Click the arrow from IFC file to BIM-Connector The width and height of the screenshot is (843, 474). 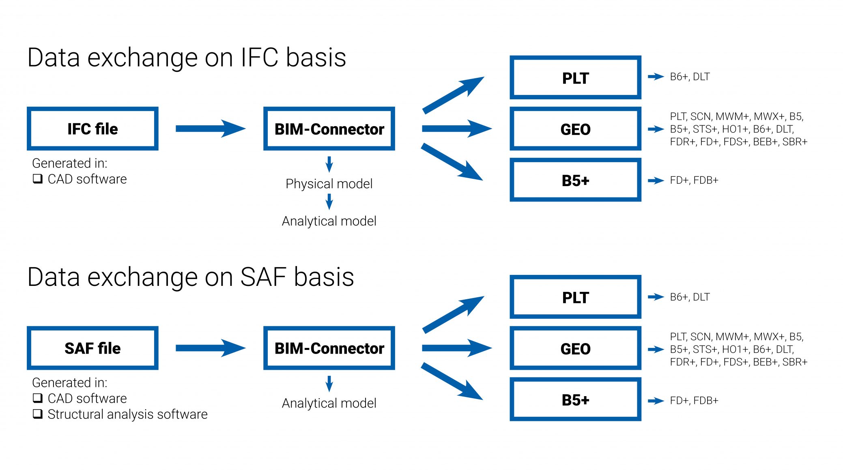tap(211, 129)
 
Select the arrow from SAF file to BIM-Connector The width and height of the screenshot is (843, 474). tap(211, 348)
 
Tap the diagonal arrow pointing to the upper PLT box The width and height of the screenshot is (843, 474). tap(453, 95)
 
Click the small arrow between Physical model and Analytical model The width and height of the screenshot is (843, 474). tap(329, 202)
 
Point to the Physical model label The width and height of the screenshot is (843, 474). tap(329, 184)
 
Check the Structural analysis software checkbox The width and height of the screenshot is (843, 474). tap(38, 414)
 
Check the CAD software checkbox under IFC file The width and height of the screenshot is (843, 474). tap(38, 179)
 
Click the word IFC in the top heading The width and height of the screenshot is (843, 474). tap(259, 57)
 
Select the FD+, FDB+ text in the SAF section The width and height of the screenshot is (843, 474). tap(694, 401)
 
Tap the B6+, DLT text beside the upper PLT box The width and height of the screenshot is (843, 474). tap(690, 77)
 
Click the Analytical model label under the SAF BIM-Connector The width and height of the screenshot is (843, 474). tap(329, 403)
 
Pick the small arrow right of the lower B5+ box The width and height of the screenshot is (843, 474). tap(656, 401)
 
